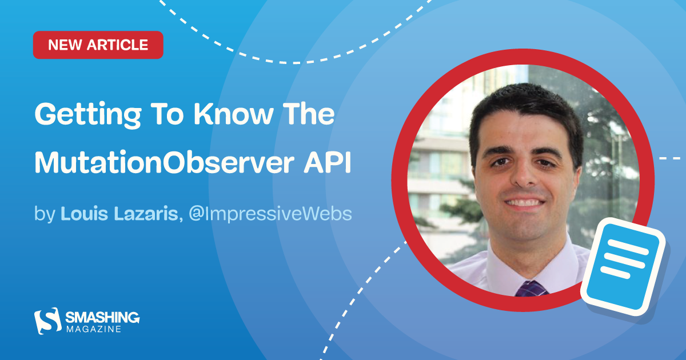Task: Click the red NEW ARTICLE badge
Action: (x=98, y=45)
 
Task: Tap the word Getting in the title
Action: (x=88, y=115)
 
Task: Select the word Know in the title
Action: (x=233, y=114)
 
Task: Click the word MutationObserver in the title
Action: (x=165, y=162)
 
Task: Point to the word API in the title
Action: (x=328, y=162)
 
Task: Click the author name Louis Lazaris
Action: (x=119, y=213)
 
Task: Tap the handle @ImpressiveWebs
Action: (x=270, y=213)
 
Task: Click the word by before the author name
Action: (x=45, y=214)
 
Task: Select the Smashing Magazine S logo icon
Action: (x=48, y=321)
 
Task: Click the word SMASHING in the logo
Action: (x=102, y=318)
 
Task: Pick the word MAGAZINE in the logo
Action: (x=94, y=329)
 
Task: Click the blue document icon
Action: (x=623, y=267)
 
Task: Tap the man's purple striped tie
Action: (x=531, y=289)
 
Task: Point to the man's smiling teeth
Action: (x=524, y=203)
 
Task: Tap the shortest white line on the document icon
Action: (x=615, y=273)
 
